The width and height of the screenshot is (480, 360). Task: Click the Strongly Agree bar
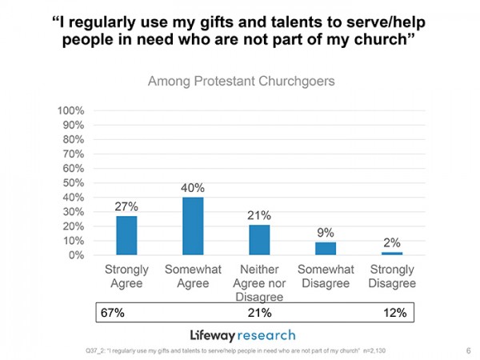(x=126, y=235)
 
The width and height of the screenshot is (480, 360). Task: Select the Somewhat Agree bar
(x=193, y=226)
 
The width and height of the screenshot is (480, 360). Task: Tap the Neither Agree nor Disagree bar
(x=259, y=239)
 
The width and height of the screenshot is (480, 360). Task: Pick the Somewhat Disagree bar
(x=325, y=248)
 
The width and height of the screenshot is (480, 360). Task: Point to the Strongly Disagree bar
(x=391, y=253)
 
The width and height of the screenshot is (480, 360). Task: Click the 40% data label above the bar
(x=193, y=188)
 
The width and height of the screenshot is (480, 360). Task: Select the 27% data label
(x=126, y=206)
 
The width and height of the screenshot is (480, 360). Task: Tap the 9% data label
(x=325, y=233)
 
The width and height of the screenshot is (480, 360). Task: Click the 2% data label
(x=391, y=242)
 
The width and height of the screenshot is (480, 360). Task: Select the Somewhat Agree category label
(x=193, y=277)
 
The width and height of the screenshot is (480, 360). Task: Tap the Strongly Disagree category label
(x=391, y=277)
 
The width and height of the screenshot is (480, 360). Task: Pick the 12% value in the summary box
(x=393, y=313)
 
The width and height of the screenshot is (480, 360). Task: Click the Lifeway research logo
(x=242, y=334)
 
